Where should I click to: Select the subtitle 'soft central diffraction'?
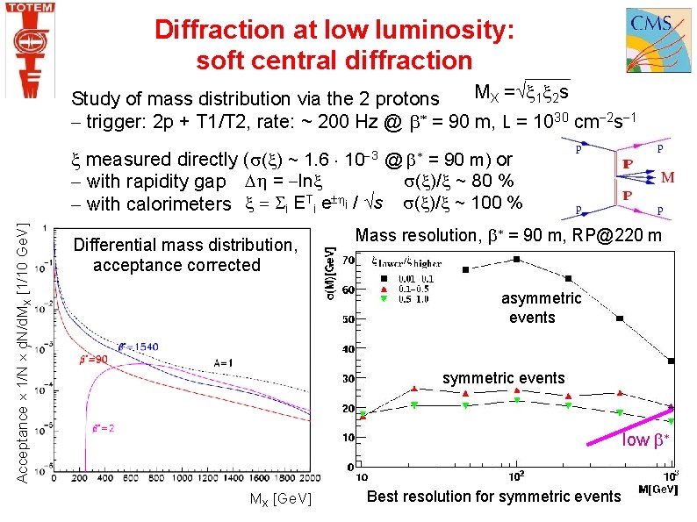click(x=334, y=61)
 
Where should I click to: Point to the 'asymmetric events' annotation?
click(x=541, y=308)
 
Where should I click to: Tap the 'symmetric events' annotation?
click(x=503, y=378)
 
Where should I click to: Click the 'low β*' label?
click(x=648, y=440)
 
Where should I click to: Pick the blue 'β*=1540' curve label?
click(x=138, y=347)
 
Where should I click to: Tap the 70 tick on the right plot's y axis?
click(x=348, y=261)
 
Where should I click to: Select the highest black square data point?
click(x=517, y=259)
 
